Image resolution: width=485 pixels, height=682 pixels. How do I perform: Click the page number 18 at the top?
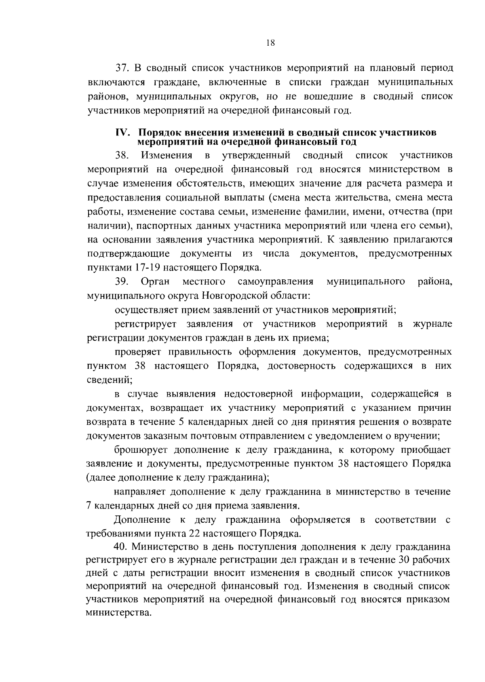click(271, 44)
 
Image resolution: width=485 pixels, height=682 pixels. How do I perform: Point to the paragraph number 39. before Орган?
click(122, 281)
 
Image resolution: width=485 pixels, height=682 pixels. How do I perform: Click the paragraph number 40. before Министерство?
click(122, 547)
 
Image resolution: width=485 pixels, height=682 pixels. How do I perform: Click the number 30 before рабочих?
click(405, 560)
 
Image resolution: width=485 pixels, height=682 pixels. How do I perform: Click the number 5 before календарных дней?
click(180, 422)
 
